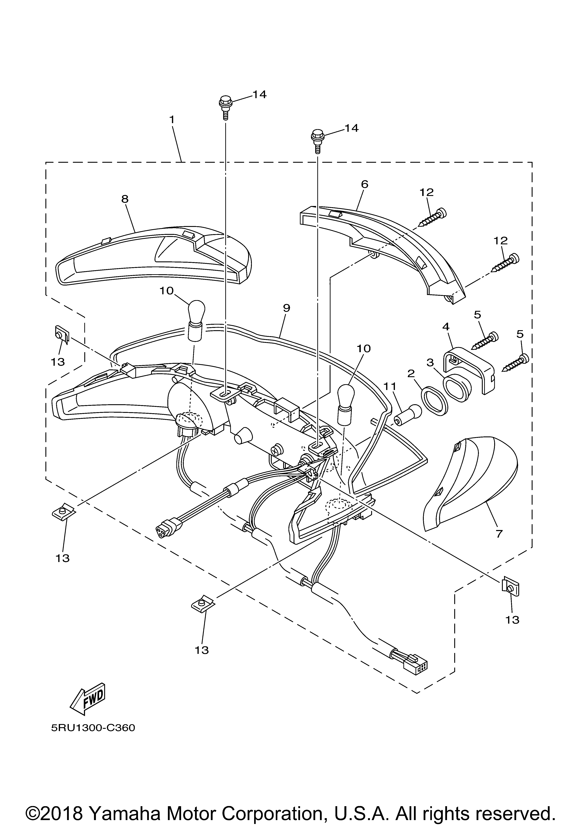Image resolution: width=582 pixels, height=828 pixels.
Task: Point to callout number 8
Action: [125, 199]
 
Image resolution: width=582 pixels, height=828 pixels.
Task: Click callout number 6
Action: [364, 184]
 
